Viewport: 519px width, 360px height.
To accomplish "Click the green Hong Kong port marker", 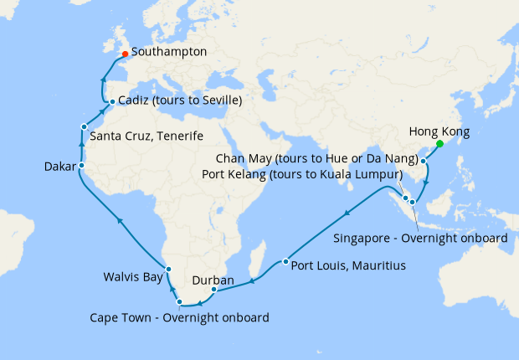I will (440, 144).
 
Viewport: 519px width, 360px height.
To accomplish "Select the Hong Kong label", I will (439, 131).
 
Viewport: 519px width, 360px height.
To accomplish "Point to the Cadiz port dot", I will (112, 102).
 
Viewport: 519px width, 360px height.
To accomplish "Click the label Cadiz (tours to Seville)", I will (180, 101).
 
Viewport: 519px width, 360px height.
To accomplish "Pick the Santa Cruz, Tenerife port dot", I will (84, 126).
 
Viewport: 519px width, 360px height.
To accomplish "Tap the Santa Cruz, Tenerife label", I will (146, 136).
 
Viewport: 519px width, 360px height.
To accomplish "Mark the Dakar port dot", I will (80, 166).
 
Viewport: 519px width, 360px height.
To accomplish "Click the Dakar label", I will (59, 167).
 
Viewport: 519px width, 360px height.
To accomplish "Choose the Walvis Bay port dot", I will (169, 269).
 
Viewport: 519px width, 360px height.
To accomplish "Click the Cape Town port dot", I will (179, 301).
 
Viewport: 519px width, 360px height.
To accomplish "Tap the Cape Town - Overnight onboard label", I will (180, 317).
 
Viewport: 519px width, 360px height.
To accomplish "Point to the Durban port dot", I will (214, 291).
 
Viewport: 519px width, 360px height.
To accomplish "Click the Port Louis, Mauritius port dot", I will (285, 262).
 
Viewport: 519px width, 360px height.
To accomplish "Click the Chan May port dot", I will (424, 161).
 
